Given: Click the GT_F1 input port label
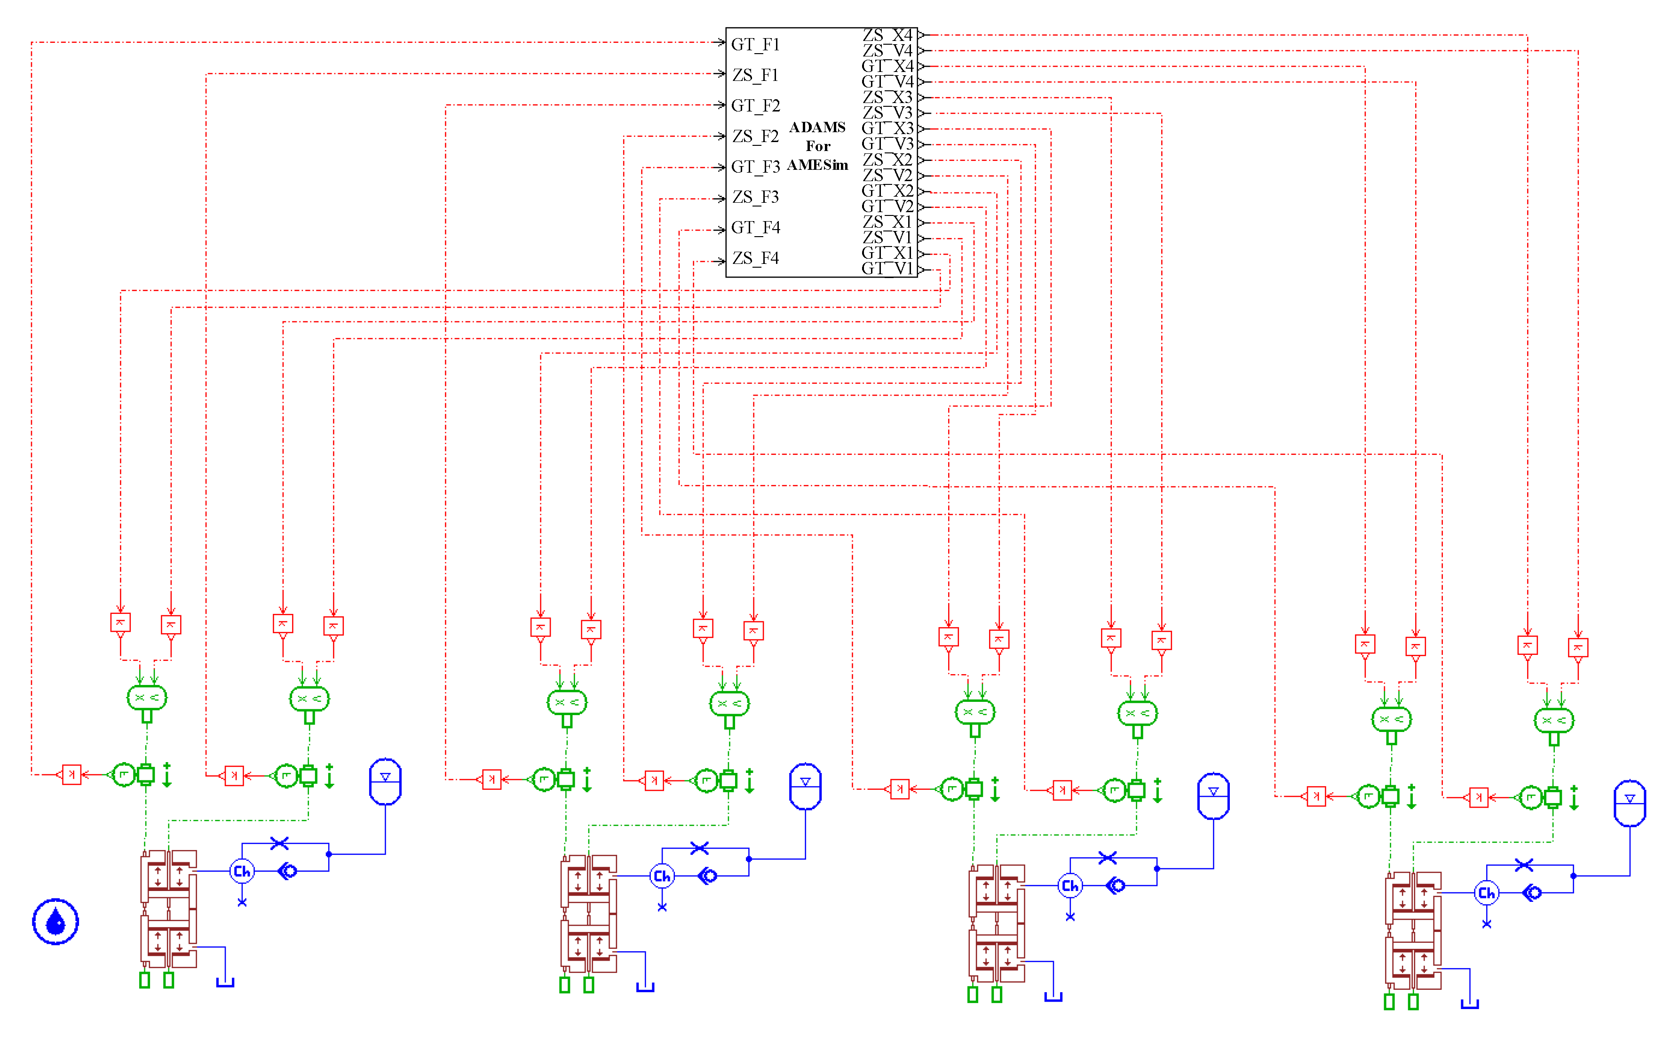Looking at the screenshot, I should point(755,44).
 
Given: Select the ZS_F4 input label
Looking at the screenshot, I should point(755,258).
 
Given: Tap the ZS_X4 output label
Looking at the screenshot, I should point(887,35).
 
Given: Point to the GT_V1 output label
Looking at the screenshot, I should point(887,269).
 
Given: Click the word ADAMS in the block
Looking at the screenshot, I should point(817,127).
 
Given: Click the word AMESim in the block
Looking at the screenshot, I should point(817,165).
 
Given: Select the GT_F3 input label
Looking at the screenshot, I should point(755,167).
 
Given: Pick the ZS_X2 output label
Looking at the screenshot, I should point(887,159).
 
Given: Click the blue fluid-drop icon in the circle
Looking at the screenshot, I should point(55,922).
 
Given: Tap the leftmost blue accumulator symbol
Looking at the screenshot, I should point(385,781).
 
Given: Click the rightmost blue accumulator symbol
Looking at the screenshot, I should point(1629,803).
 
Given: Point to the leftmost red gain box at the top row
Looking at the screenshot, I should point(121,622).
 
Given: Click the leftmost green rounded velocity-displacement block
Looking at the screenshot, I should point(146,698).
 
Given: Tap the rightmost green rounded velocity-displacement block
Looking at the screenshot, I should point(1554,720).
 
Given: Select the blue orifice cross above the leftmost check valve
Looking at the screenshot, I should point(279,843).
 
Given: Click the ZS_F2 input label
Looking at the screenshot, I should point(755,136).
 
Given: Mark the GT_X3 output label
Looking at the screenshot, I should point(887,128).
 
